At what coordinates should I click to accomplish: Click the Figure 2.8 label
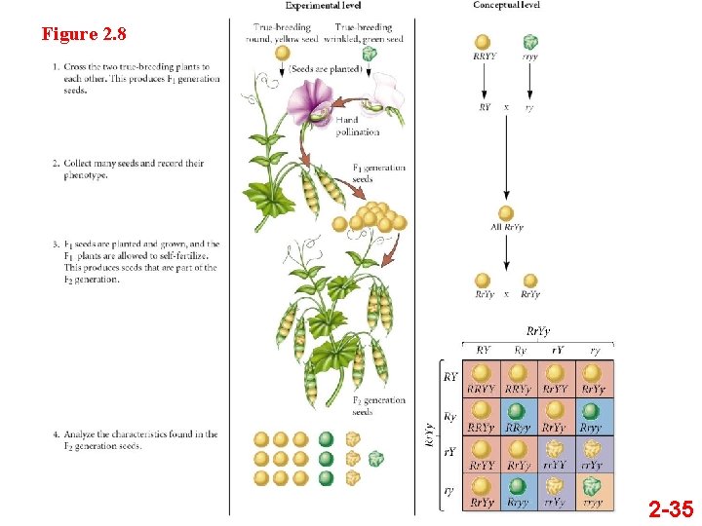point(84,35)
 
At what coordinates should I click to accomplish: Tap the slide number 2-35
point(671,507)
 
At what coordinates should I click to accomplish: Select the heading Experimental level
point(323,6)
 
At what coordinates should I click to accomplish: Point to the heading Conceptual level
point(506,6)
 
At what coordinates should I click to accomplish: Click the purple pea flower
point(309,102)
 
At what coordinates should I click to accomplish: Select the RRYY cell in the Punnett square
point(481,379)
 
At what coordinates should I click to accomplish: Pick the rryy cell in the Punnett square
point(591,491)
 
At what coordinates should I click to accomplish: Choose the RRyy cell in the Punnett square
point(518,416)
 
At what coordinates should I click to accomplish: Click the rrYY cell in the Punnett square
point(555,454)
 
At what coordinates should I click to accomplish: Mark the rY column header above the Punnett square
point(557,351)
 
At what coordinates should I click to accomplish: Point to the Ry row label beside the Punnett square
point(450,416)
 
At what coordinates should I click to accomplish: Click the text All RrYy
point(506,228)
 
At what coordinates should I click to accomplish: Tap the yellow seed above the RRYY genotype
point(483,41)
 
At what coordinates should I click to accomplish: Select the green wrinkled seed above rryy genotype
point(529,41)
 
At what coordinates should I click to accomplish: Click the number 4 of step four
point(55,434)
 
